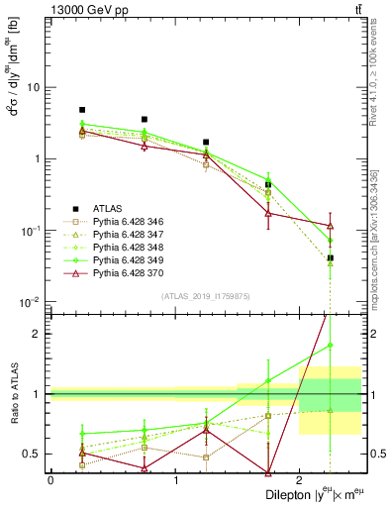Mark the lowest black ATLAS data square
[330, 257]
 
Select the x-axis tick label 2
[299, 478]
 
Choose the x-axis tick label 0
[50, 478]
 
